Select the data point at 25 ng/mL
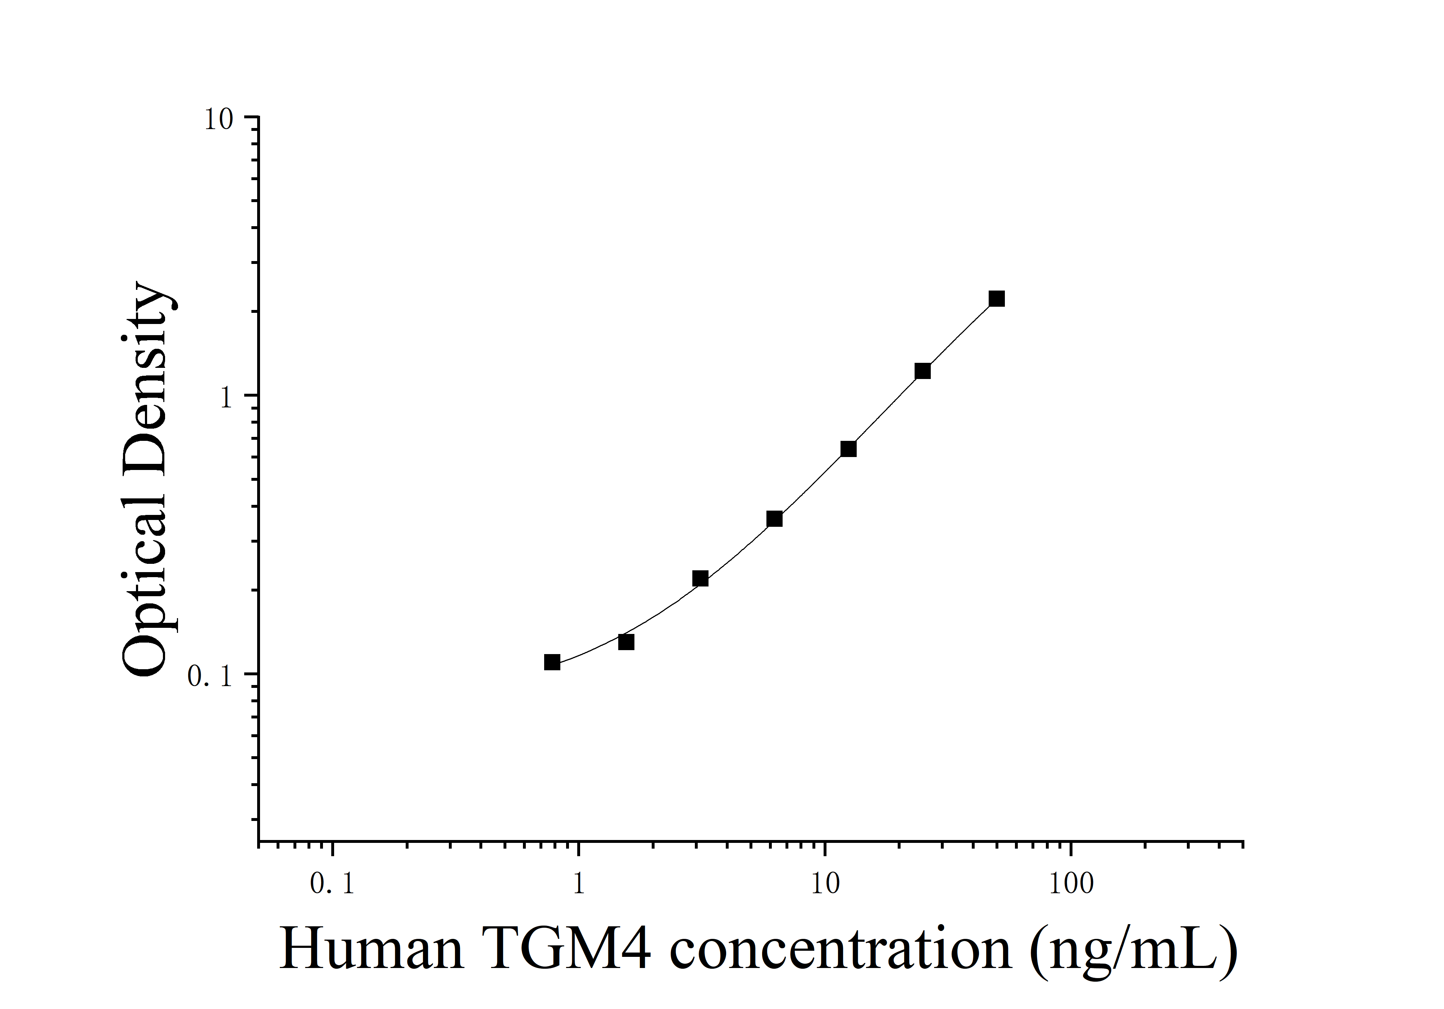pos(922,371)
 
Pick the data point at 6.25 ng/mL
pos(774,519)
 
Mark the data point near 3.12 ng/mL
pos(700,578)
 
